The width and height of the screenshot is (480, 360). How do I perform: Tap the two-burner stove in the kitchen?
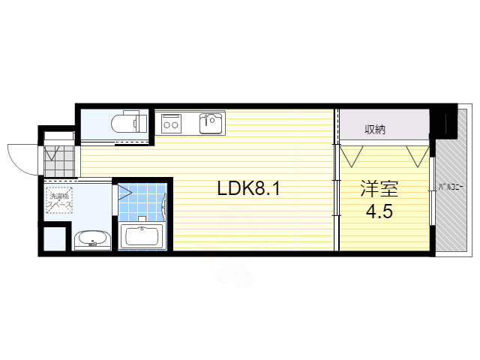tap(170, 122)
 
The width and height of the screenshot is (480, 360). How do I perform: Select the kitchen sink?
tap(211, 122)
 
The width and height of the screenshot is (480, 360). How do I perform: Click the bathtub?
tap(142, 237)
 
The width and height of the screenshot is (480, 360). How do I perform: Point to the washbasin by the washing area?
tap(93, 241)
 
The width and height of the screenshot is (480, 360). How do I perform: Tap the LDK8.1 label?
tap(249, 188)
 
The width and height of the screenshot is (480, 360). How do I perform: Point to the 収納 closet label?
tap(376, 129)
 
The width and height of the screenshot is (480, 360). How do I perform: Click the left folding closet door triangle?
tap(351, 155)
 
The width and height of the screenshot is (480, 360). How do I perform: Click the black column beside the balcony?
tap(447, 123)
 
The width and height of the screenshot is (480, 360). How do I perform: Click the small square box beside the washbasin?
tap(53, 238)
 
